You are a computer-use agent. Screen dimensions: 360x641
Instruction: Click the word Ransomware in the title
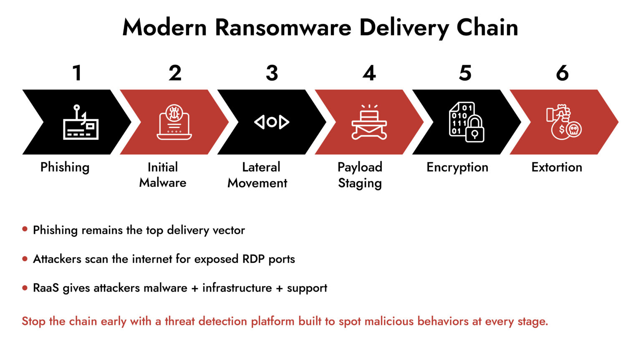click(283, 28)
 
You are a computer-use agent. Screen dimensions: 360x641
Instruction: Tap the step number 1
click(77, 73)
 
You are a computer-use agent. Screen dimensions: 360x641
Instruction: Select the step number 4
click(369, 73)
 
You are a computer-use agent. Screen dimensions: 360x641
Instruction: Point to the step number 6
click(562, 73)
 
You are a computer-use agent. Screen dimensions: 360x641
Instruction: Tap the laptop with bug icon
click(174, 122)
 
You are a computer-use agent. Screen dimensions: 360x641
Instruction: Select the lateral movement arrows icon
click(272, 122)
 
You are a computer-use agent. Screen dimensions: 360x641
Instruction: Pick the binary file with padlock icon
click(466, 122)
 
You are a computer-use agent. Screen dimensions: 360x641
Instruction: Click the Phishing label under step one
click(65, 167)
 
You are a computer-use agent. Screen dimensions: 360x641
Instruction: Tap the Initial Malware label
click(163, 175)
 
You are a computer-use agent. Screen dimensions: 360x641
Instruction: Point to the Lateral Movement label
click(257, 175)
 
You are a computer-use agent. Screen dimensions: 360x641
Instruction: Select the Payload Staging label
click(360, 175)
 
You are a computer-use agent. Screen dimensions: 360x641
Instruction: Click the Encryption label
click(457, 167)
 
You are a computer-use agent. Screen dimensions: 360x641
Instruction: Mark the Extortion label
click(557, 167)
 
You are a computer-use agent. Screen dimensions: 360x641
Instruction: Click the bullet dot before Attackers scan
click(25, 259)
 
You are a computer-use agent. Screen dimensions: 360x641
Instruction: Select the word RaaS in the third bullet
click(46, 288)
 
